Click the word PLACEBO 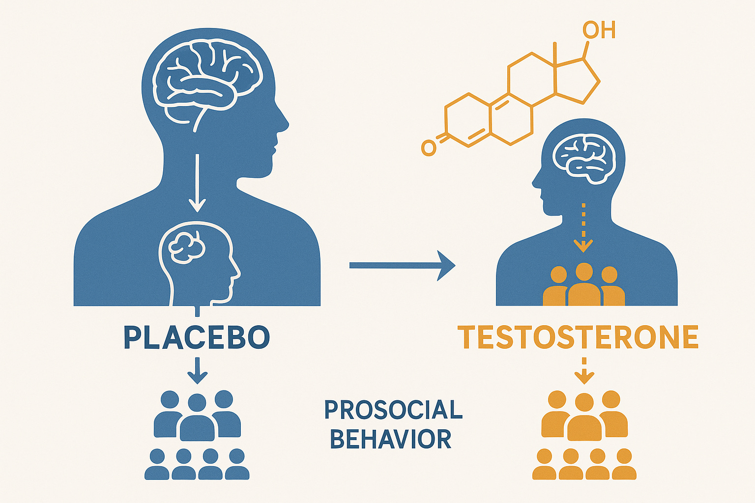click(x=197, y=337)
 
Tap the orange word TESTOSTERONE click(x=578, y=337)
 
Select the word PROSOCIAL click(x=393, y=410)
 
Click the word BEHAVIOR click(x=391, y=439)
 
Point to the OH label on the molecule click(x=599, y=30)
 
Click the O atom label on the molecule click(x=429, y=148)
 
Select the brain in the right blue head click(x=584, y=155)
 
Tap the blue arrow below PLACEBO click(x=197, y=370)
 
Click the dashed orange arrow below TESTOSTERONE click(x=584, y=371)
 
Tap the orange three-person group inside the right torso click(x=583, y=285)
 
